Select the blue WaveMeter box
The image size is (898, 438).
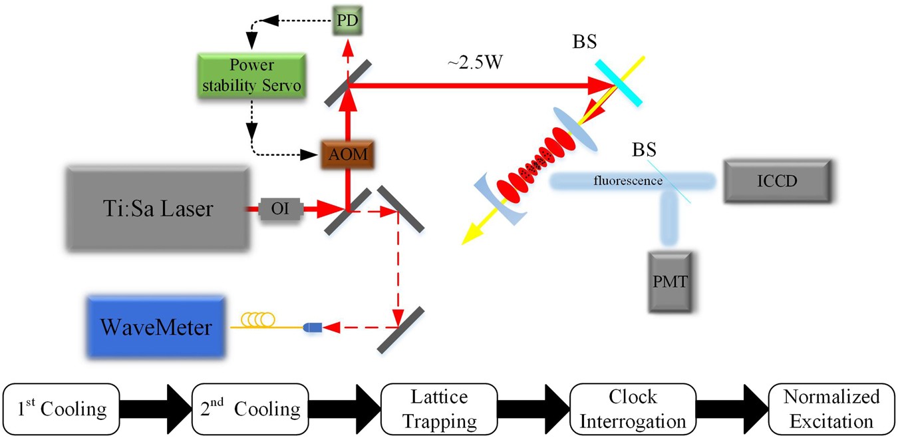(156, 327)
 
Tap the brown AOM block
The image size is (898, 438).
(346, 155)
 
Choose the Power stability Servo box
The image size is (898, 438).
(251, 76)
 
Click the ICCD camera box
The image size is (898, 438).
(777, 180)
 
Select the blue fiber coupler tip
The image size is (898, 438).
(312, 328)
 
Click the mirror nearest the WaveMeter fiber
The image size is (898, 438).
(400, 329)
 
